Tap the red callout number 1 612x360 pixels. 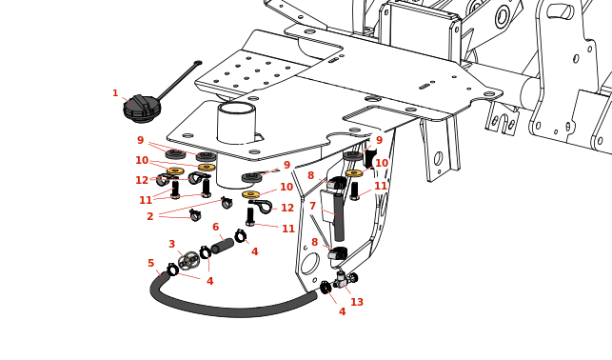tap(115, 93)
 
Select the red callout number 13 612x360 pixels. tap(357, 302)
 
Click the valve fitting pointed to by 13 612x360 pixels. tap(345, 279)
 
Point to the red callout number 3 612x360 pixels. tap(171, 244)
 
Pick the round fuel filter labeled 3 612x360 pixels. tap(189, 260)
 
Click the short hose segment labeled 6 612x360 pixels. tap(223, 246)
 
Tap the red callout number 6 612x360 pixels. tap(216, 227)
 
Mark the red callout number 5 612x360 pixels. tap(151, 263)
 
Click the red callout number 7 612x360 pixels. tap(312, 206)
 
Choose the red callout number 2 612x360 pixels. tap(149, 216)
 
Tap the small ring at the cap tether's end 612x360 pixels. tap(198, 63)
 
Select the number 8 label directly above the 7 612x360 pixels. tap(310, 175)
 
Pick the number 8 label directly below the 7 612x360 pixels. tap(315, 242)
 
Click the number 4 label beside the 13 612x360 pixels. tap(343, 311)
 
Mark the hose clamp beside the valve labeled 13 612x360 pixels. tap(325, 288)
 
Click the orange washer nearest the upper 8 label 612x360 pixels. tap(354, 173)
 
